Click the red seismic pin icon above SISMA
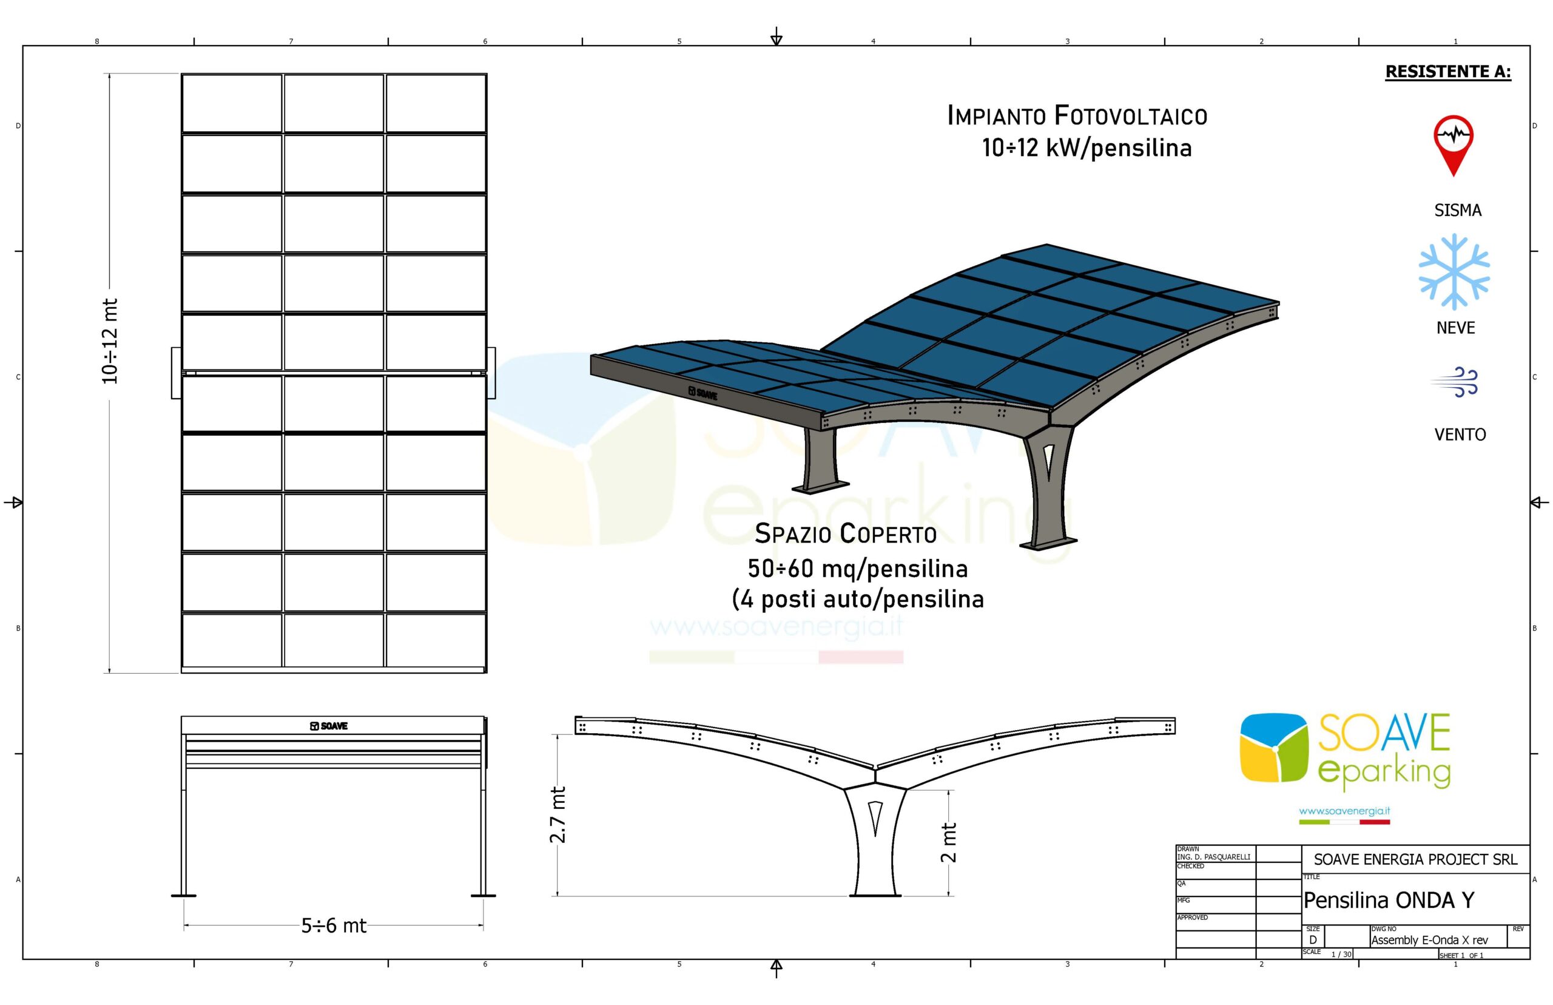tap(1452, 146)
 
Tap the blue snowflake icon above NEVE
tap(1454, 271)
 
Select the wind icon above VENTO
tap(1455, 382)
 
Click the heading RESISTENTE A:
tap(1447, 72)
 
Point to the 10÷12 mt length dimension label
tap(110, 340)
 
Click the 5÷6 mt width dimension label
tap(333, 925)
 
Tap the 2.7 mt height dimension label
tap(558, 814)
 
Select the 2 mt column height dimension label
tap(948, 842)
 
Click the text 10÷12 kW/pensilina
tap(1086, 148)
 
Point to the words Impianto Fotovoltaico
tap(1077, 115)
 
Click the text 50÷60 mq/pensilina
tap(857, 569)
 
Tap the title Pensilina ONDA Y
tap(1389, 900)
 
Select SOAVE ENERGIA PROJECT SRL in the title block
tap(1415, 859)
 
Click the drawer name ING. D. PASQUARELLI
tap(1214, 857)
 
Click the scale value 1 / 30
tap(1342, 954)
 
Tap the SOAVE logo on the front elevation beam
tap(329, 726)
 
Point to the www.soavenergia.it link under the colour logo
tap(1344, 811)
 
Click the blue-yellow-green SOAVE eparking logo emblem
tap(1273, 747)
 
